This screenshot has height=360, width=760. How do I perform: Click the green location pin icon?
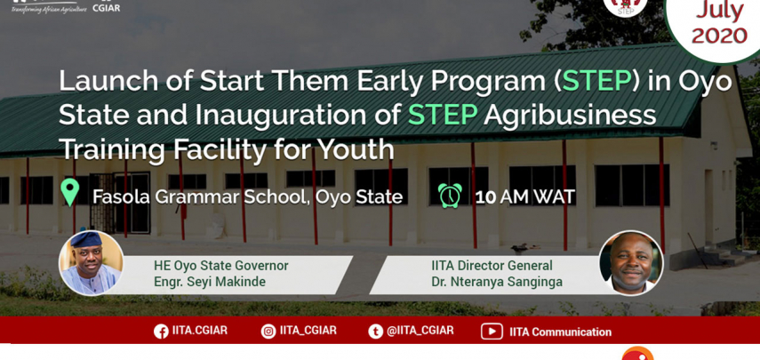[x=70, y=192]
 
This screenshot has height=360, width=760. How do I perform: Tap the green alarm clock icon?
[x=450, y=196]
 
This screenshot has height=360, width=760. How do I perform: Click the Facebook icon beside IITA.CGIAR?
[x=162, y=332]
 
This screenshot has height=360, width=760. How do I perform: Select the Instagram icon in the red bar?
[x=268, y=332]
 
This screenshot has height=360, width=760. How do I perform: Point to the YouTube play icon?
[x=492, y=332]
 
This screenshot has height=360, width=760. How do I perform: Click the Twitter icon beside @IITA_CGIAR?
[x=375, y=332]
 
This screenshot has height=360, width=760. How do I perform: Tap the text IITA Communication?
[x=560, y=332]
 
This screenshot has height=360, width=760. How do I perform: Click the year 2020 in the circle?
[x=719, y=36]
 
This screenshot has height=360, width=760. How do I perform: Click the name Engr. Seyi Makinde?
[x=210, y=282]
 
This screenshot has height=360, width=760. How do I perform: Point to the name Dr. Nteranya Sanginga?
[x=497, y=282]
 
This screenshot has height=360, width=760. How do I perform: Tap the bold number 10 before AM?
[x=485, y=197]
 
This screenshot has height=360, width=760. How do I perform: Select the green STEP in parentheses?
[x=596, y=82]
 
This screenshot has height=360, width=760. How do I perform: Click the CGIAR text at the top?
[x=106, y=8]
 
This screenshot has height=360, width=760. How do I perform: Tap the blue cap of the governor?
[x=86, y=238]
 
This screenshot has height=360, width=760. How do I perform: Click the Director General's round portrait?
[x=631, y=262]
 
